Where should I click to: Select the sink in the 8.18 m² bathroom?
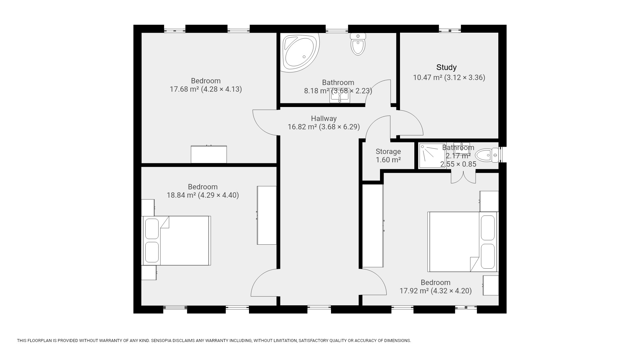[340, 96]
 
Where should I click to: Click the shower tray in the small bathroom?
[432, 156]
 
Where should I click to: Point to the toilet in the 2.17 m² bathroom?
[487, 155]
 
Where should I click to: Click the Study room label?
[446, 67]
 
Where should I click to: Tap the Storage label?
[388, 152]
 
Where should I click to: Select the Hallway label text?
[324, 118]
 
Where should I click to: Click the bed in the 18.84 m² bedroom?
[176, 241]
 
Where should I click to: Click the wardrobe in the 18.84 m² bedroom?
[267, 215]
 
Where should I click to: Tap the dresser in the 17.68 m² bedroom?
[209, 154]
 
